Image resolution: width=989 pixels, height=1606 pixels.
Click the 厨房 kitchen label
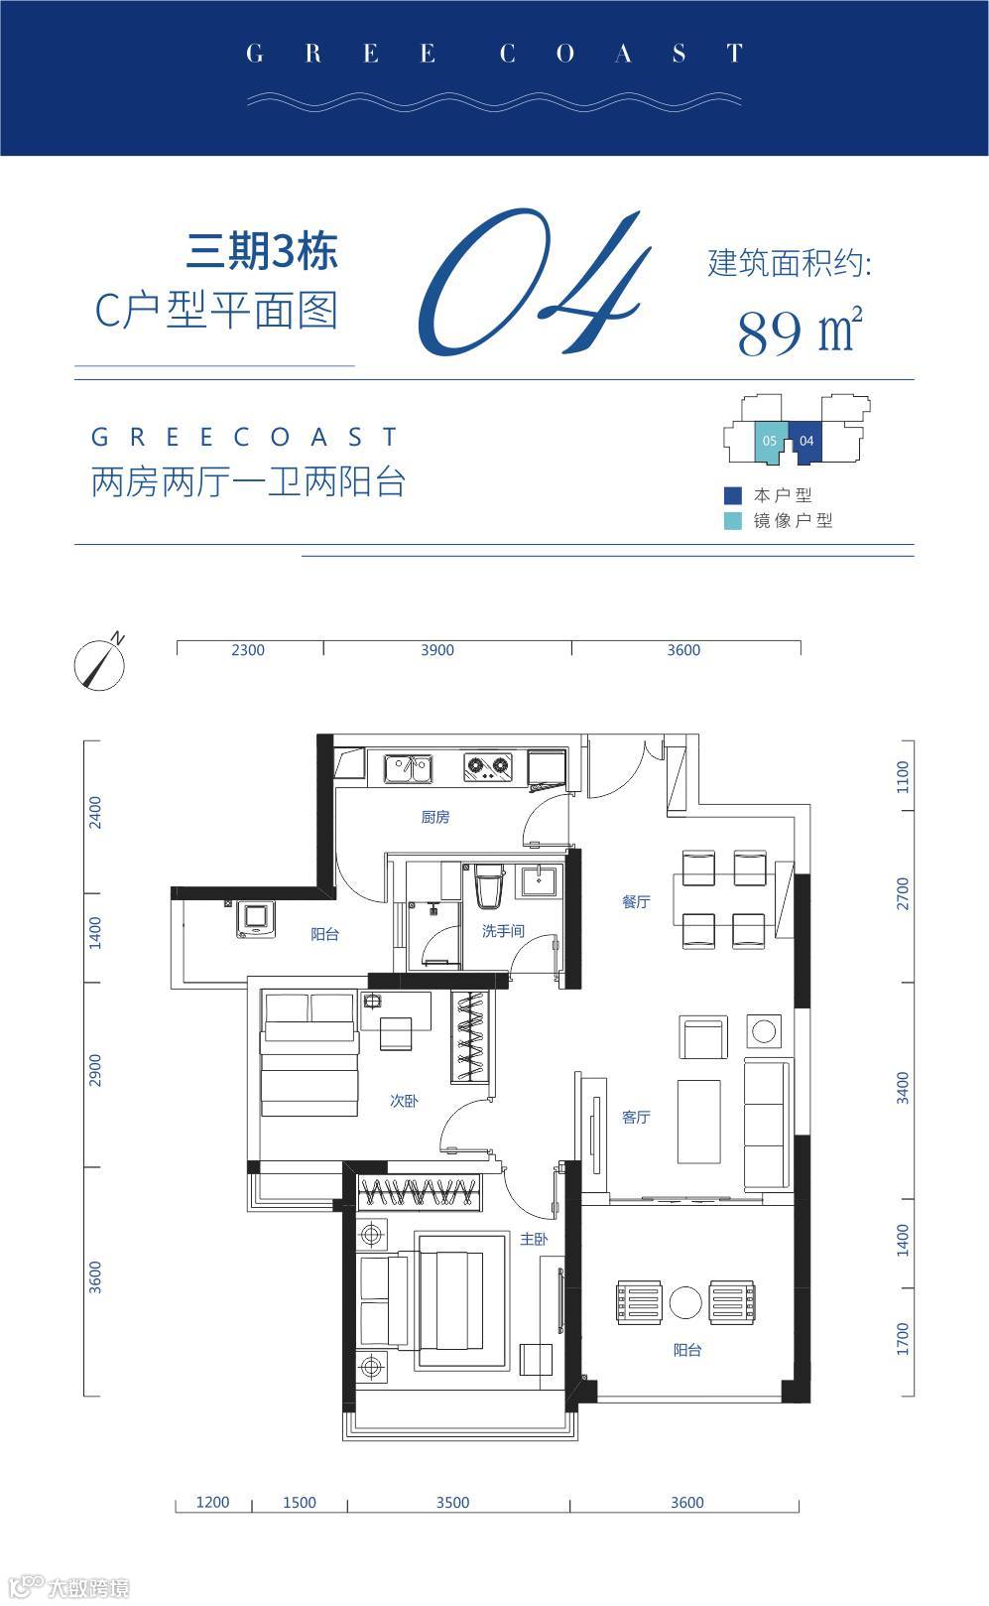click(435, 817)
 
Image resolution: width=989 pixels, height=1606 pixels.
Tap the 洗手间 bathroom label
click(503, 931)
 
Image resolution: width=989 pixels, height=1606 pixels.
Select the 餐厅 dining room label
click(636, 901)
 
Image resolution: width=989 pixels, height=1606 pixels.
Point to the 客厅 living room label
click(636, 1117)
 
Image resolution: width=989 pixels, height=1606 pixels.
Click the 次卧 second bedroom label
click(404, 1100)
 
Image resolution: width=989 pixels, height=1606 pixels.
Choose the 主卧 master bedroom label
click(534, 1238)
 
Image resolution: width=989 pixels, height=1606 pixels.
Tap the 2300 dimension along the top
click(248, 649)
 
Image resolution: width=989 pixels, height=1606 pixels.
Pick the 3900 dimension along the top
click(437, 649)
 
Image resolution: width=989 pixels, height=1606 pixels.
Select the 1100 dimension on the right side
click(903, 777)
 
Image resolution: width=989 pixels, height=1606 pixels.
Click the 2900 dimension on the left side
click(95, 1070)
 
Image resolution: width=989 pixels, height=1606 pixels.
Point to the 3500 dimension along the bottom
click(453, 1502)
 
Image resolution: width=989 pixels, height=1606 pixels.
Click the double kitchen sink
click(409, 768)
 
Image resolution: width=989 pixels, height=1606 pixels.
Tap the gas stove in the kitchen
click(488, 766)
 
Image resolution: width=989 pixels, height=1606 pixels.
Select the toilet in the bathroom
click(490, 887)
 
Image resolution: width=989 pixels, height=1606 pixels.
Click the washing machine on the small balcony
click(256, 919)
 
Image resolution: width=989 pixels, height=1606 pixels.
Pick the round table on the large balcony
click(685, 1302)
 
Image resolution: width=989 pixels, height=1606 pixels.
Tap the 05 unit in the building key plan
click(770, 441)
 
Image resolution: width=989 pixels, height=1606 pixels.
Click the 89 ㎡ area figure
click(800, 332)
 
